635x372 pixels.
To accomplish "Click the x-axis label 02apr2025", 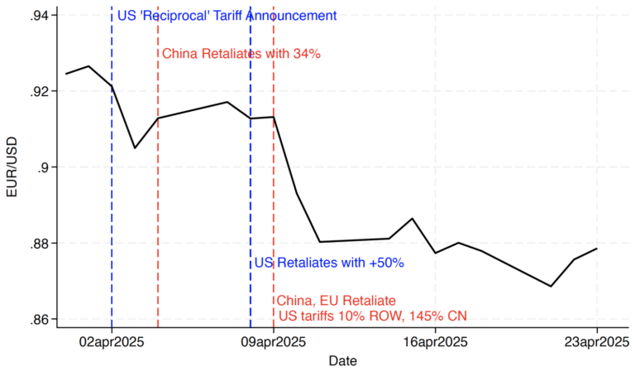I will click(112, 341).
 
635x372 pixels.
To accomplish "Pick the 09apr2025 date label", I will click(274, 341).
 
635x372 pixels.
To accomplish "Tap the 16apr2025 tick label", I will click(435, 341).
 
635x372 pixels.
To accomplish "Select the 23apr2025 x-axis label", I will click(597, 341).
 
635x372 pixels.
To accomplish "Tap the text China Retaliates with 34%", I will click(241, 54).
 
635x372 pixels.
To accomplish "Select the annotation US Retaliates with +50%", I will click(328, 263).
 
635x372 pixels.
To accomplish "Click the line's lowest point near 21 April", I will click(551, 286).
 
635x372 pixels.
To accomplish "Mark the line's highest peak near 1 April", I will click(88, 66).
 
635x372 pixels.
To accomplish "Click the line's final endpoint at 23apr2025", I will click(597, 249).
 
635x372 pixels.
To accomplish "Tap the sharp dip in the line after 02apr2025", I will click(135, 148).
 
